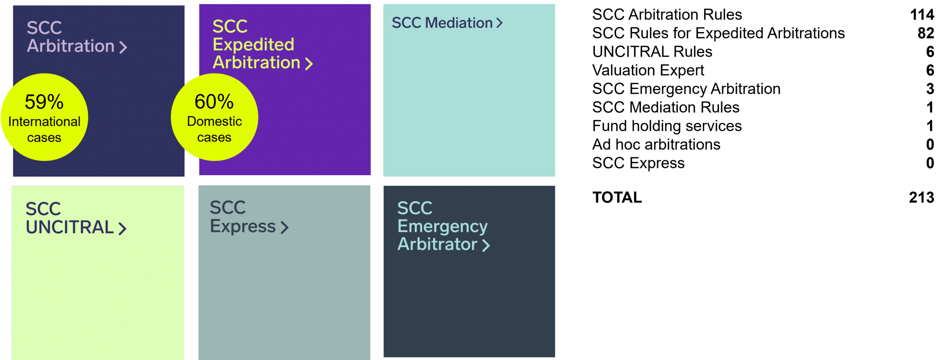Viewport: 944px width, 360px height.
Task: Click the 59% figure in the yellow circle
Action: (44, 102)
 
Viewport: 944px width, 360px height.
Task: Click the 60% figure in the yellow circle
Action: (214, 101)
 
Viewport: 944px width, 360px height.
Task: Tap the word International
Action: (44, 122)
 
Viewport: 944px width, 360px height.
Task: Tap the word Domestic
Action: (214, 121)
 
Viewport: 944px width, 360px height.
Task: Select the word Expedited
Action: (253, 45)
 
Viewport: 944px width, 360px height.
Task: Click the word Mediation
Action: (459, 23)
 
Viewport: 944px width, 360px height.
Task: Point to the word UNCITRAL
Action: (70, 227)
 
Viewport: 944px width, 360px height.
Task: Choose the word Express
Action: (243, 226)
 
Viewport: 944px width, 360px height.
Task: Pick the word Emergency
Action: (442, 226)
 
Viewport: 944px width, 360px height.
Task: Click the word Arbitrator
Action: (437, 244)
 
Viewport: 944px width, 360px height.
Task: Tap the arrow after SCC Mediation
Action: (499, 23)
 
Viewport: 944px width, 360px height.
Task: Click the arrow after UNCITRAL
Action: (122, 228)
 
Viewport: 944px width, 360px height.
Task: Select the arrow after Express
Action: (284, 227)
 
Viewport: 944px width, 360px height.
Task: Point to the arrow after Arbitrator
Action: (486, 245)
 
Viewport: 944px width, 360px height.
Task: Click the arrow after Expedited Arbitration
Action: (309, 64)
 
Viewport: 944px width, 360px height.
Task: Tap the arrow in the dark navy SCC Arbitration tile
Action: (123, 47)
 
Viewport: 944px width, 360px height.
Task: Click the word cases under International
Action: (44, 138)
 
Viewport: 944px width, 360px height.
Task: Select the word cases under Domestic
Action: (214, 138)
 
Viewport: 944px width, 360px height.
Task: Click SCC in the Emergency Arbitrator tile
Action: (414, 208)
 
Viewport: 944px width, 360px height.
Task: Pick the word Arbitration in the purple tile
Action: (257, 62)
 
